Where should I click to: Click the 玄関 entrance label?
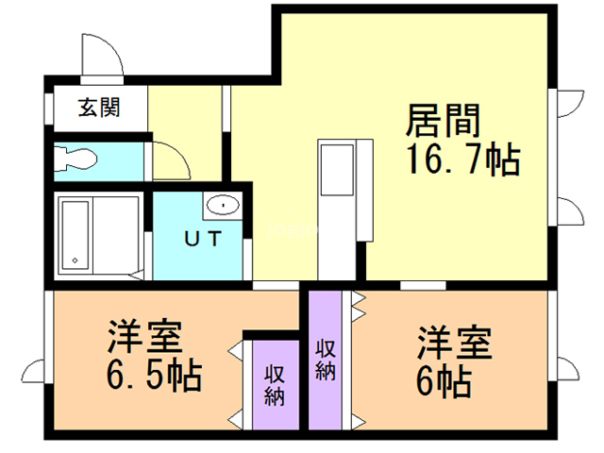(x=99, y=109)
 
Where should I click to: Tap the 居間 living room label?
(x=444, y=121)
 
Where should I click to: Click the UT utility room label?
(x=204, y=239)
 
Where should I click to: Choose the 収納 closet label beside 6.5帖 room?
(x=275, y=385)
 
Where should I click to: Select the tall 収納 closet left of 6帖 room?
(x=326, y=359)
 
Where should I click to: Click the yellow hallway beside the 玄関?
(x=184, y=113)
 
